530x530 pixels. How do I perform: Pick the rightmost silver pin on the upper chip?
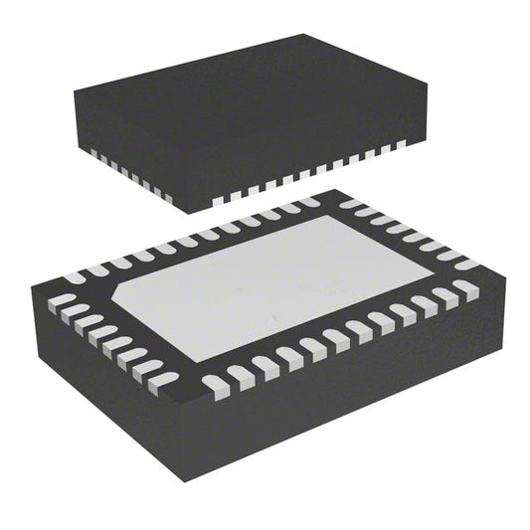click(403, 144)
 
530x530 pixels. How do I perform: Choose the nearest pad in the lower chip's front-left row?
click(163, 382)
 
